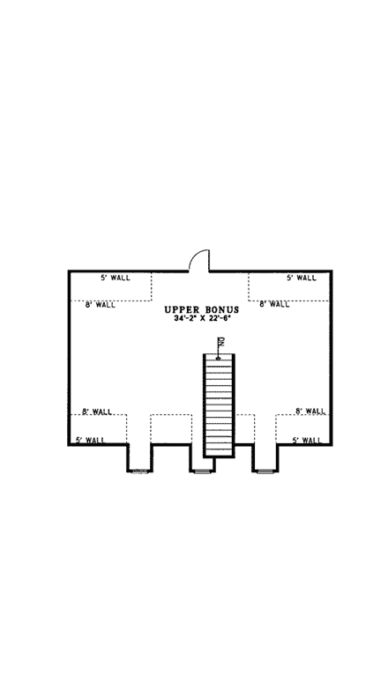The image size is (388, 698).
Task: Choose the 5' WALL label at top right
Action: click(x=301, y=278)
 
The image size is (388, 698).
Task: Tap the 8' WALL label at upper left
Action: click(x=100, y=305)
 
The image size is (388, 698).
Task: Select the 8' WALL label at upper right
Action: click(x=274, y=305)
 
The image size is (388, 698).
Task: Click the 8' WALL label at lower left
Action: click(x=96, y=412)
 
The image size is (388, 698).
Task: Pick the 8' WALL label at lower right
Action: click(x=310, y=412)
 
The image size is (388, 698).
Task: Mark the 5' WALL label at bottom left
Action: click(x=92, y=439)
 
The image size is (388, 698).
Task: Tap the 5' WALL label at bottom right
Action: click(x=308, y=439)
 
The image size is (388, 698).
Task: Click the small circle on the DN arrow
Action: click(x=218, y=357)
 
